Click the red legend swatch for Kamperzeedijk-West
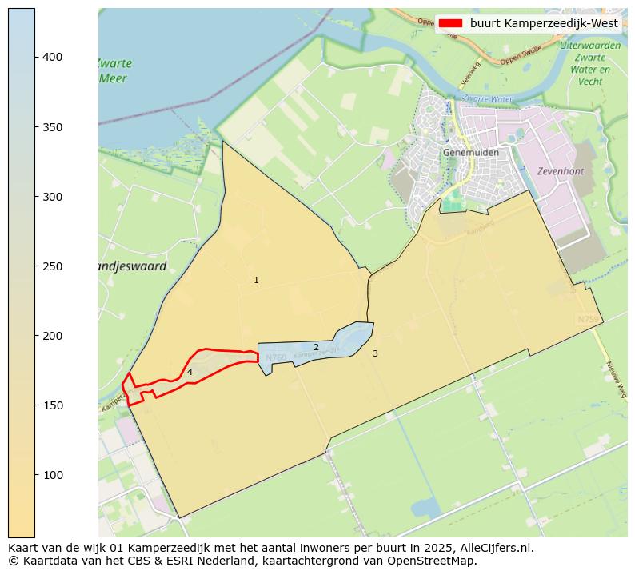(451, 24)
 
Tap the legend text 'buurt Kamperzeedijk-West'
(544, 24)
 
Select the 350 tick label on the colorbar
(52, 127)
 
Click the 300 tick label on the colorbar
(52, 197)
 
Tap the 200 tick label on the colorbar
(52, 336)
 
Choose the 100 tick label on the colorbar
(52, 475)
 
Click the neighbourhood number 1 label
(256, 281)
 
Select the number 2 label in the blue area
(316, 347)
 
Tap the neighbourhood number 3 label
(375, 353)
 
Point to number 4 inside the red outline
(190, 372)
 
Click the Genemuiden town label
(471, 153)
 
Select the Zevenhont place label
(560, 171)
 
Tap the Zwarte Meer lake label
(114, 71)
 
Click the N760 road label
(276, 357)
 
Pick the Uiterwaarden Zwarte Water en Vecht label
(590, 63)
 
